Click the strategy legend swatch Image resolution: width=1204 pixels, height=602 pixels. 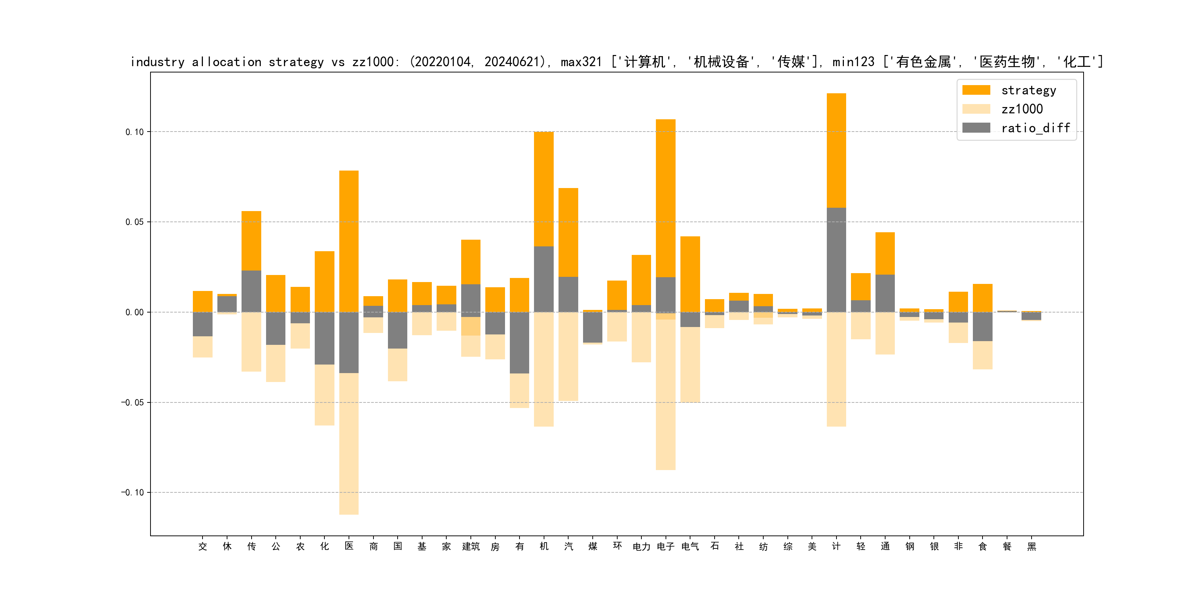[976, 90]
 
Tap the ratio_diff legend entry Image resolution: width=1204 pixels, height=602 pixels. [1035, 128]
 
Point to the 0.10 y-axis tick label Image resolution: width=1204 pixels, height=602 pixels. [135, 132]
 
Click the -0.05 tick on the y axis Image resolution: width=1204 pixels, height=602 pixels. [133, 402]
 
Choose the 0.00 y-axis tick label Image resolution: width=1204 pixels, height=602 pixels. [135, 312]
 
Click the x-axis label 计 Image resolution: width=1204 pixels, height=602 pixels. [836, 546]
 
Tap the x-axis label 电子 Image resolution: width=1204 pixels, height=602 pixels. [666, 546]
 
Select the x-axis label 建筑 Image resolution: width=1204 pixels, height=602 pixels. [471, 546]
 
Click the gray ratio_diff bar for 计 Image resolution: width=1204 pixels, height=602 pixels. [836, 260]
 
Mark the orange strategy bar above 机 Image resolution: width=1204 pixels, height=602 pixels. [544, 189]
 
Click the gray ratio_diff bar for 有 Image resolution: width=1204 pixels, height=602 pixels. [519, 343]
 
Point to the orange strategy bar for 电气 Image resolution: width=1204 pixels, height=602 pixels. [690, 274]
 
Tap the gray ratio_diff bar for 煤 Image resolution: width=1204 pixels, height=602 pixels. [593, 327]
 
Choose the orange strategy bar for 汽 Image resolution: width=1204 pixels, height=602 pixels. [568, 232]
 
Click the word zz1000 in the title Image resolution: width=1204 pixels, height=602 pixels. [372, 62]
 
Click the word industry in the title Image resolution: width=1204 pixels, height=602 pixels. [158, 62]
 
